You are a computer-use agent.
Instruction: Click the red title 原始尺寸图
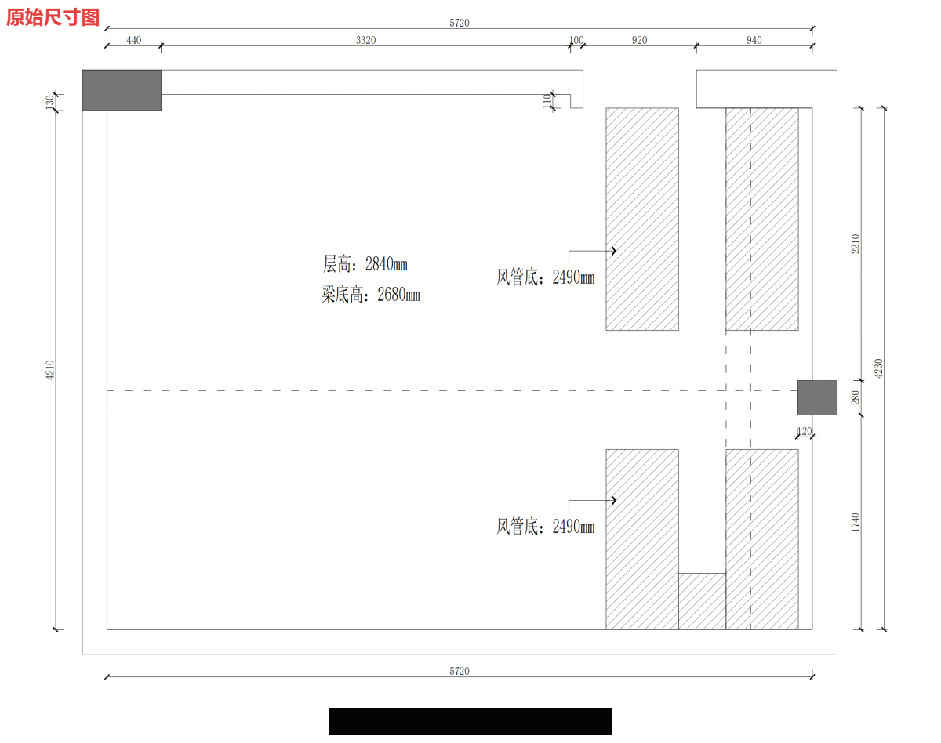pyautogui.click(x=53, y=17)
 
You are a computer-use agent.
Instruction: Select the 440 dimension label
pyautogui.click(x=134, y=40)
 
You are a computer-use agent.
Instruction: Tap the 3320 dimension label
pyautogui.click(x=365, y=40)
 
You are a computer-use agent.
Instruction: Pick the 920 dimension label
pyautogui.click(x=639, y=40)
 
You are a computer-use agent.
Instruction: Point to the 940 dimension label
pyautogui.click(x=754, y=40)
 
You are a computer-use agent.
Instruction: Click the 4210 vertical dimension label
pyautogui.click(x=50, y=370)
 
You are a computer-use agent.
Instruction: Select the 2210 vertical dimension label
pyautogui.click(x=856, y=244)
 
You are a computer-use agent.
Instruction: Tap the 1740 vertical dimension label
pyautogui.click(x=856, y=522)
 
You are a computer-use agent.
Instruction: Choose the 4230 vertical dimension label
pyautogui.click(x=878, y=368)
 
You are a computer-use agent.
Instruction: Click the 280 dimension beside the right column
pyautogui.click(x=856, y=397)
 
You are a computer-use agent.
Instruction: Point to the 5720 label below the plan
pyautogui.click(x=460, y=671)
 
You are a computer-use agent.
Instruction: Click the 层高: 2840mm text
pyautogui.click(x=365, y=264)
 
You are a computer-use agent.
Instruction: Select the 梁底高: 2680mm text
pyautogui.click(x=371, y=295)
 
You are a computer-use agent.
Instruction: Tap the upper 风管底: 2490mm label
pyautogui.click(x=545, y=277)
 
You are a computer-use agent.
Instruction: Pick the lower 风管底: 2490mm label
pyautogui.click(x=545, y=526)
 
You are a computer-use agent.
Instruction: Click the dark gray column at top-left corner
pyautogui.click(x=122, y=90)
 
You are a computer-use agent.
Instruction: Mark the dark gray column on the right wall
pyautogui.click(x=817, y=397)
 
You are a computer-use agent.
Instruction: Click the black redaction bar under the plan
pyautogui.click(x=470, y=721)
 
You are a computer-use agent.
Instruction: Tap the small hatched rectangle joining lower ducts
pyautogui.click(x=702, y=601)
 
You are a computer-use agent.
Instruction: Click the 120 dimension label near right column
pyautogui.click(x=805, y=431)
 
